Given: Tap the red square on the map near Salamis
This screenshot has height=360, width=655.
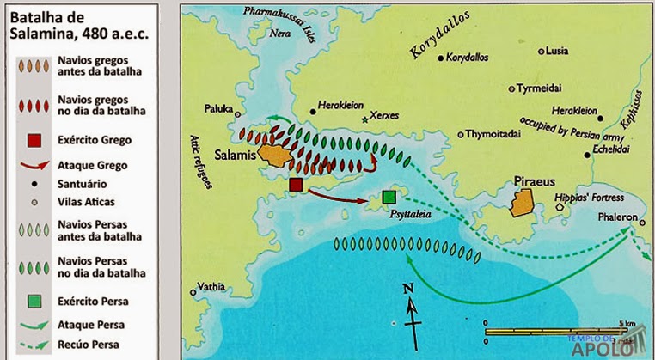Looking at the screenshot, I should click(297, 185).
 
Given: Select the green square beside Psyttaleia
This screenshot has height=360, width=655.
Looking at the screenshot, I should click(389, 198).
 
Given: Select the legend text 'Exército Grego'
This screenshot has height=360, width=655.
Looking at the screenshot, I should click(95, 139).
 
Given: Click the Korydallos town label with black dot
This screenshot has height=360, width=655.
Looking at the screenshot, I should click(470, 58).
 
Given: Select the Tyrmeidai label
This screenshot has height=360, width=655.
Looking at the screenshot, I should click(543, 88).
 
